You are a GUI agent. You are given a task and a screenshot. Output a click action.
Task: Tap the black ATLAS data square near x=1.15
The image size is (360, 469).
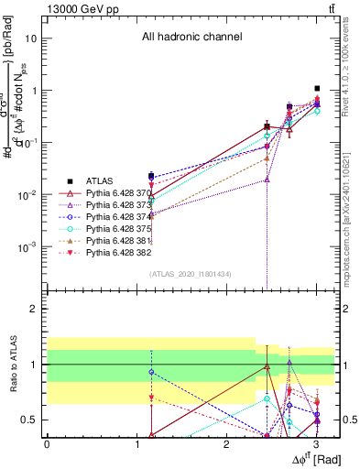151,175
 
